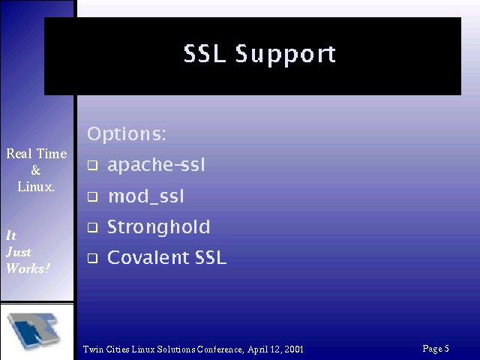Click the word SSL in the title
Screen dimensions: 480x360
coord(205,53)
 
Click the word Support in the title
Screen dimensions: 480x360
coord(286,55)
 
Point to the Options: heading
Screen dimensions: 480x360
coord(127,134)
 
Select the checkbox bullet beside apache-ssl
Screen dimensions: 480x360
coord(93,166)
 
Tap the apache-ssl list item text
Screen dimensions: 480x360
coord(156,165)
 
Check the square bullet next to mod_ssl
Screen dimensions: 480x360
coord(93,196)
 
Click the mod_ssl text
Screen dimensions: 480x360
coord(146,196)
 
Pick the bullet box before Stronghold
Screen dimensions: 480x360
coord(93,227)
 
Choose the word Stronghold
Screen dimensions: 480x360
coord(158,227)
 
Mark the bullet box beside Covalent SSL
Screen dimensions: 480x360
coord(93,258)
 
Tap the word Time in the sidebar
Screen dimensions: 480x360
coord(52,153)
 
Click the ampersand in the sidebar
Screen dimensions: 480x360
coord(36,170)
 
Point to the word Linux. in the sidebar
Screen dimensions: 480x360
coord(36,187)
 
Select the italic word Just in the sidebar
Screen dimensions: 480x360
coord(19,252)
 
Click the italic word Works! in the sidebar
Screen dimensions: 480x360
coord(28,268)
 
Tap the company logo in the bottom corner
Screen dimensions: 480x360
coord(34,331)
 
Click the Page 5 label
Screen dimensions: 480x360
coord(436,348)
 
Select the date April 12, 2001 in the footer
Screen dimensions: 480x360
coord(275,349)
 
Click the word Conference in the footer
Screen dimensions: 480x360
coord(220,349)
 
